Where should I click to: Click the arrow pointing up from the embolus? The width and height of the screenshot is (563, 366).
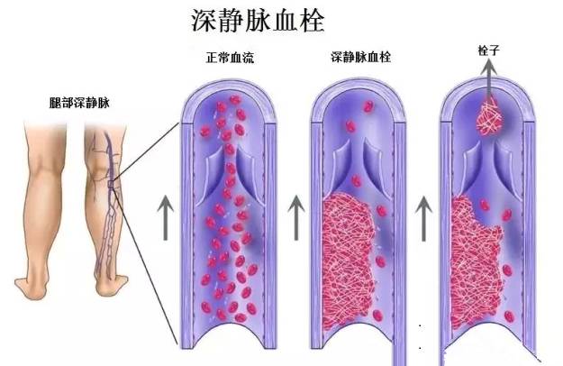tap(487, 86)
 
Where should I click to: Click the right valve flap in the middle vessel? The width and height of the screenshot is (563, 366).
tap(384, 167)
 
